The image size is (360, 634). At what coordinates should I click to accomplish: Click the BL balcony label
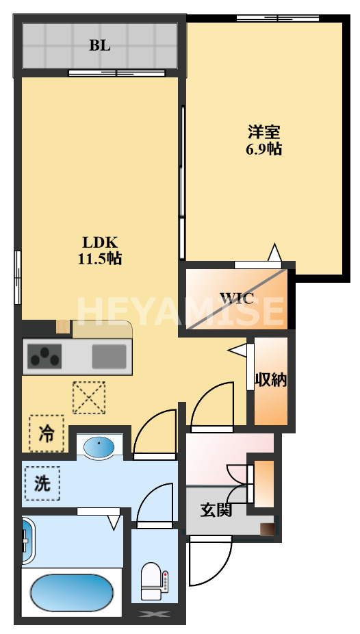[x=100, y=46]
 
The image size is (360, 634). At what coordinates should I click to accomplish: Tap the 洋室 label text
[x=263, y=132]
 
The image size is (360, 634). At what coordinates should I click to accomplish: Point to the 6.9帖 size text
[x=263, y=150]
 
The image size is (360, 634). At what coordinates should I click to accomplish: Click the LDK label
[x=100, y=242]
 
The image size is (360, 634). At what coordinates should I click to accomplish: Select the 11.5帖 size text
[x=100, y=259]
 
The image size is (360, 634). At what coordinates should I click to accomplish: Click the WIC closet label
[x=237, y=299]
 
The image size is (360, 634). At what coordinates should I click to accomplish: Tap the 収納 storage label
[x=271, y=380]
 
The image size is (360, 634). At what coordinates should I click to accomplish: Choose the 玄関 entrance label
[x=216, y=511]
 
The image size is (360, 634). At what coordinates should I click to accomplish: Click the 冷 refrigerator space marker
[x=47, y=433]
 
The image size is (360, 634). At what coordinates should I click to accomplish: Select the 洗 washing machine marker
[x=42, y=483]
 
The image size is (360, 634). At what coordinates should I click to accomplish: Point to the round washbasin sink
[x=99, y=448]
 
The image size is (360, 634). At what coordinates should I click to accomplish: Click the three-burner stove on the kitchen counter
[x=44, y=357]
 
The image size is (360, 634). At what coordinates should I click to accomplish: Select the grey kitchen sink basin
[x=109, y=357]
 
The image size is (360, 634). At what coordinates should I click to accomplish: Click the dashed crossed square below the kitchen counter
[x=89, y=398]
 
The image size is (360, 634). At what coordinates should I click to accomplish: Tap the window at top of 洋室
[x=278, y=18]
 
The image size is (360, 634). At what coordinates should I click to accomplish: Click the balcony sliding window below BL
[x=116, y=73]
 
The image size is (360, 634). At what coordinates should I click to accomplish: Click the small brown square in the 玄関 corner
[x=267, y=529]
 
